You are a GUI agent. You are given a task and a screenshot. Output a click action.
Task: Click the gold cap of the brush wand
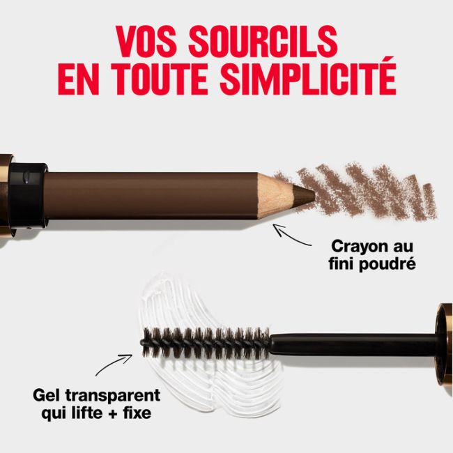click(x=443, y=341)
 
